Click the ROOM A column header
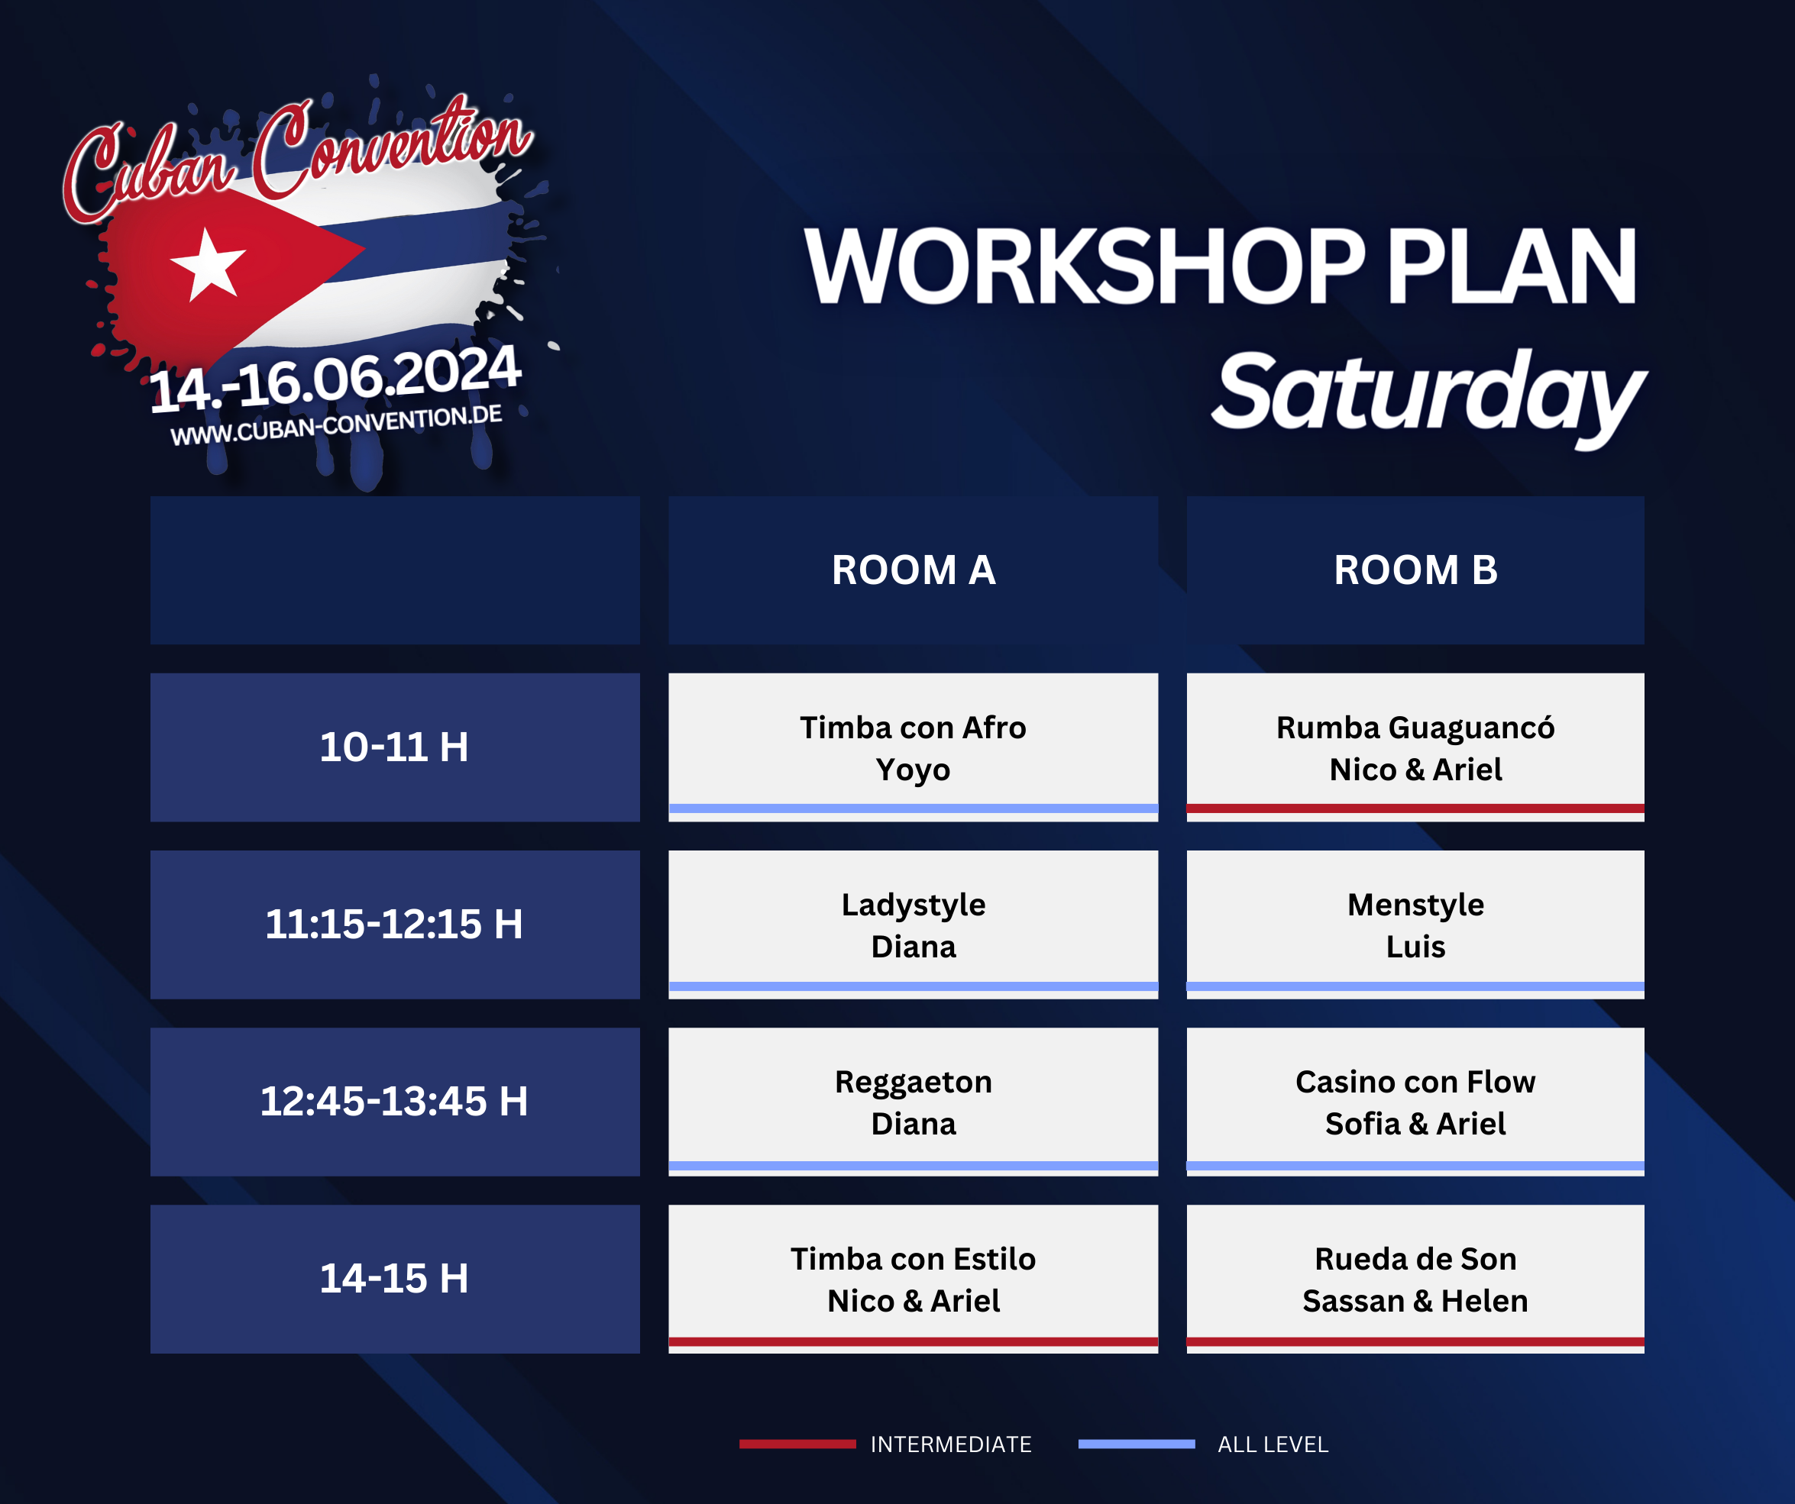913,570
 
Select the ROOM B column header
1415,570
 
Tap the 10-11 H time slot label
395,747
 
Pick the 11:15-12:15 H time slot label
395,925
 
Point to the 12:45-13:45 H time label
395,1102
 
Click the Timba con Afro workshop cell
913,747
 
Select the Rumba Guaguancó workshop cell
1415,747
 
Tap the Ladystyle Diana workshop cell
913,925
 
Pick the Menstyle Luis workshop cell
1415,925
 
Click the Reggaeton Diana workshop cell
913,1102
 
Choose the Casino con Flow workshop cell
1415,1102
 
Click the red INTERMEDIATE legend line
797,1444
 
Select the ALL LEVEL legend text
1273,1444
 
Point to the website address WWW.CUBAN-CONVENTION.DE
336,424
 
